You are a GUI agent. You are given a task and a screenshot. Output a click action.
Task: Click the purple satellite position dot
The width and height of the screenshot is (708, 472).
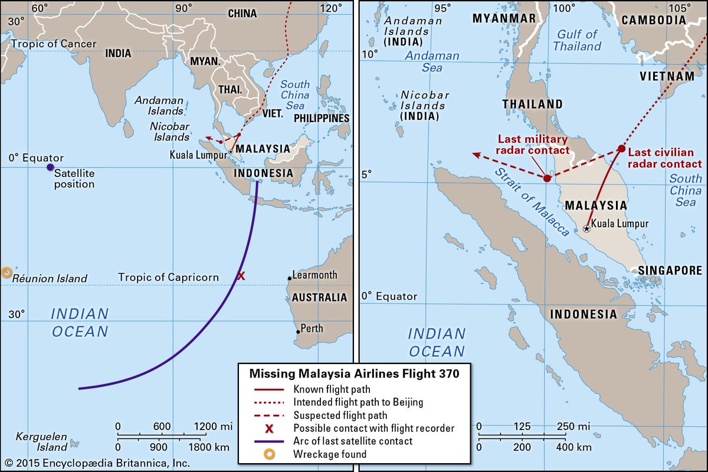click(x=50, y=168)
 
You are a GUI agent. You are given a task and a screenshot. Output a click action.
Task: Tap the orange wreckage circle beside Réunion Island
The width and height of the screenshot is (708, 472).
click(x=6, y=272)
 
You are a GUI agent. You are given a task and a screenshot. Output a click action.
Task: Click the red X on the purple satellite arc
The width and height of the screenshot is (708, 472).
click(x=241, y=276)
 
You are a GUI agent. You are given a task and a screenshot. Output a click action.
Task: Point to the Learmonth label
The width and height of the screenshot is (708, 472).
click(x=316, y=275)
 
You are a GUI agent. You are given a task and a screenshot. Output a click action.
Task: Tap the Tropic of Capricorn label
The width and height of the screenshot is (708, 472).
click(x=168, y=277)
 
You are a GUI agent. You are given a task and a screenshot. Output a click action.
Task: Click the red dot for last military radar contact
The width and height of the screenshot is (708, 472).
click(x=548, y=178)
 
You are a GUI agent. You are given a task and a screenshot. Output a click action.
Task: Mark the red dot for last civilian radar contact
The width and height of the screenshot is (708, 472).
click(x=621, y=149)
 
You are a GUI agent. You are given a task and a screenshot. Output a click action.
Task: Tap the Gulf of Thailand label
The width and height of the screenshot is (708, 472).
click(x=578, y=40)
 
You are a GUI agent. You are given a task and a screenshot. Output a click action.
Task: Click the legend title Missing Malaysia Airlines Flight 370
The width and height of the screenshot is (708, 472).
click(x=354, y=373)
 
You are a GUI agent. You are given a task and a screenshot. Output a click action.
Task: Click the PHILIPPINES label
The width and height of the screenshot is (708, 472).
click(x=322, y=119)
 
